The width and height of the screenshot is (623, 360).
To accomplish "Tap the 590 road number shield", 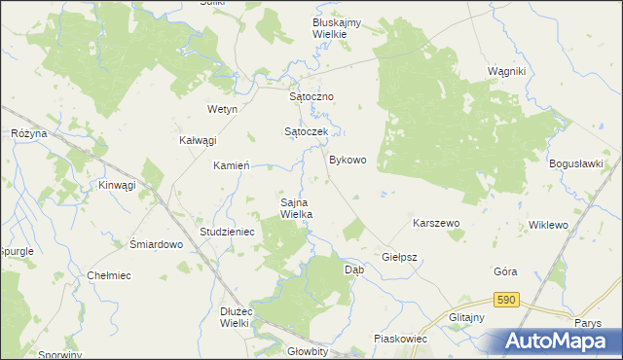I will (504, 301).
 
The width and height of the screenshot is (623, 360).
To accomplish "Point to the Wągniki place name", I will (506, 72).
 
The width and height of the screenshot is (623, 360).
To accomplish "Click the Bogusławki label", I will (577, 163).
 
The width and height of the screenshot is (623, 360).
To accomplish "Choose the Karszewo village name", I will (435, 223).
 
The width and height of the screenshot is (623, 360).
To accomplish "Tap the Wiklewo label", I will (548, 225).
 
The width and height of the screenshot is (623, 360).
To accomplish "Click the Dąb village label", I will (355, 270).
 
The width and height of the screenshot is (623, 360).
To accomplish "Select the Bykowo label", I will (348, 160).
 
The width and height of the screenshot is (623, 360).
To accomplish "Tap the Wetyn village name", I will (222, 110).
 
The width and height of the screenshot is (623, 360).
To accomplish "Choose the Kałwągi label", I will (197, 140).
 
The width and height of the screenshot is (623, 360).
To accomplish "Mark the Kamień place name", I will (233, 165).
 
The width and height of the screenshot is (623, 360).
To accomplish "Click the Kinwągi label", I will (117, 184).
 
